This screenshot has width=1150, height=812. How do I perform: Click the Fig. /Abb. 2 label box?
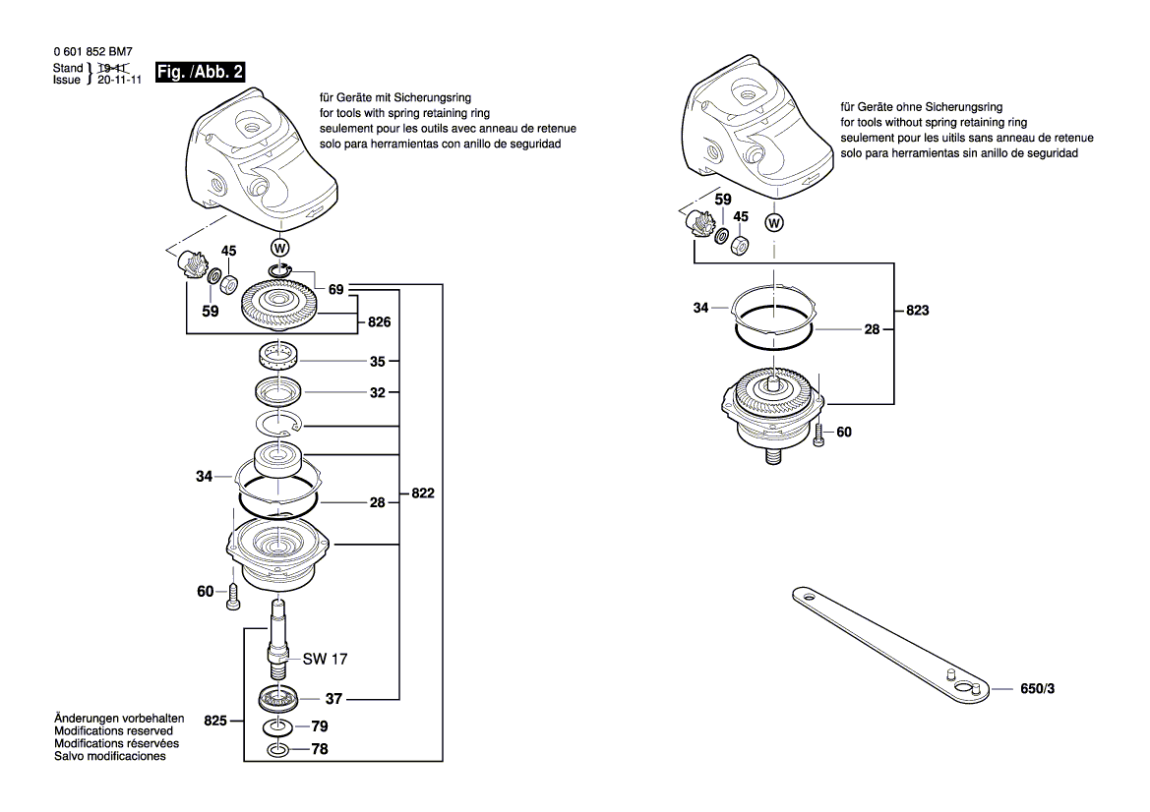pos(201,71)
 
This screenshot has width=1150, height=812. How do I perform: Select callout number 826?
pos(380,321)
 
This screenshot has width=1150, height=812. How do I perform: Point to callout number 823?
pos(917,310)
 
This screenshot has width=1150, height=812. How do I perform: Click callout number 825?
pos(217,721)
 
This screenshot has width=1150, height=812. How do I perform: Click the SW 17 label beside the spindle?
pos(325,658)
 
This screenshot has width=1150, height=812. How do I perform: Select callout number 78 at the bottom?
pos(320,750)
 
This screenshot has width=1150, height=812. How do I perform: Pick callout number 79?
pos(320,726)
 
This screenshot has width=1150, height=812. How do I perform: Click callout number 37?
pos(333,699)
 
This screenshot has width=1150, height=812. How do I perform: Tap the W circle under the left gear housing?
pos(280,246)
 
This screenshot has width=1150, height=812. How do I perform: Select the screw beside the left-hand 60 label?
pos(233,594)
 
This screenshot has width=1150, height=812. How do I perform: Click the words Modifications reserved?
pos(113,731)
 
